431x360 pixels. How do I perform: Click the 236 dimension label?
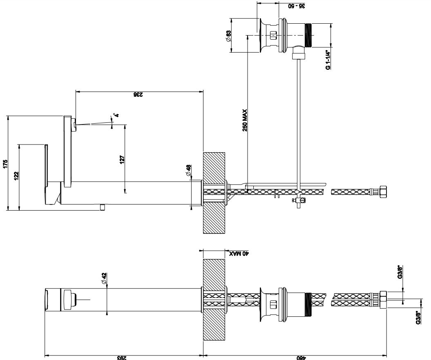tap(138, 95)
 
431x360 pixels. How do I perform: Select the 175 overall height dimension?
tap(4, 163)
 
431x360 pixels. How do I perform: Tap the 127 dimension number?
tap(122, 159)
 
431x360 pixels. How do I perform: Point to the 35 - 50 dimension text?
tap(297, 6)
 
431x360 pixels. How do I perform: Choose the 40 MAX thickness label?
tap(239, 253)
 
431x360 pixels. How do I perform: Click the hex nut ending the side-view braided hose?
tap(383, 191)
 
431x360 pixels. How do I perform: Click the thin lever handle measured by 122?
tap(46, 163)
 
